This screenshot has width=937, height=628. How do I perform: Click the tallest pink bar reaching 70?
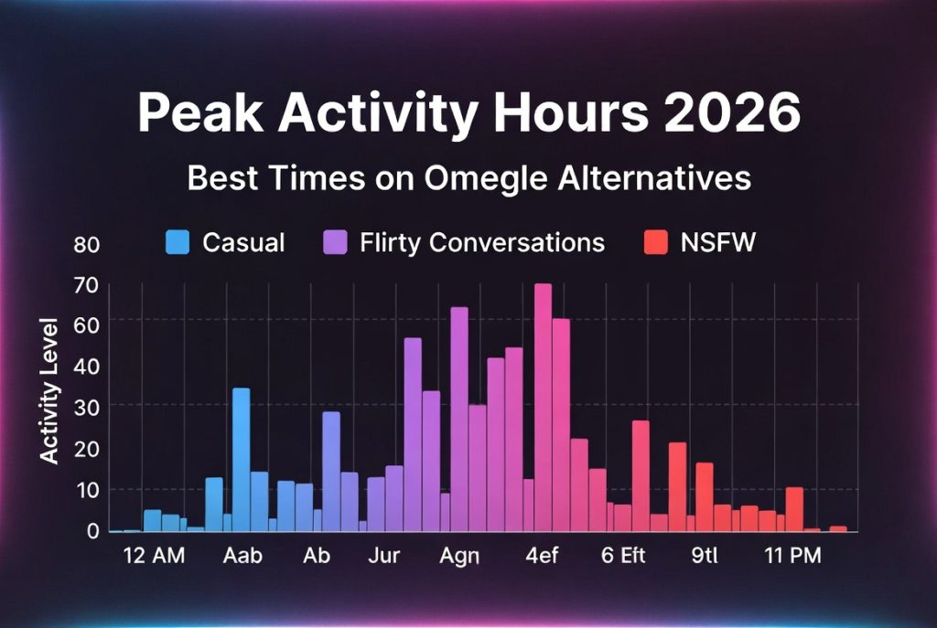point(543,407)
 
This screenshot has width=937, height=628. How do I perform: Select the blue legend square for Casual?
point(178,242)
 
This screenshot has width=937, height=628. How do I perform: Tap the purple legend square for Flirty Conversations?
point(335,242)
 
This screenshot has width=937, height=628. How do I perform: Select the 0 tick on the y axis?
point(93,530)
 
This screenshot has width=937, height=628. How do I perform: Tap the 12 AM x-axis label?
point(153,556)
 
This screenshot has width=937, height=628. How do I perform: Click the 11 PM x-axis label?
point(792,556)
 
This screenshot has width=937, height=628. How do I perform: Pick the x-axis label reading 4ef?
point(543,556)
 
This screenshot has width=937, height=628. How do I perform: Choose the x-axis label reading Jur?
point(383,556)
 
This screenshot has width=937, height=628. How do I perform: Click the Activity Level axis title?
point(50,390)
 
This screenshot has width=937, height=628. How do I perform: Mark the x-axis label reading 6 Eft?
point(623,556)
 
